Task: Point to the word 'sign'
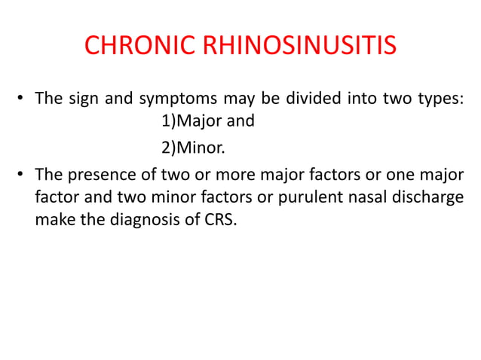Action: point(81,100)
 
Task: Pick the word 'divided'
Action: point(299,100)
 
